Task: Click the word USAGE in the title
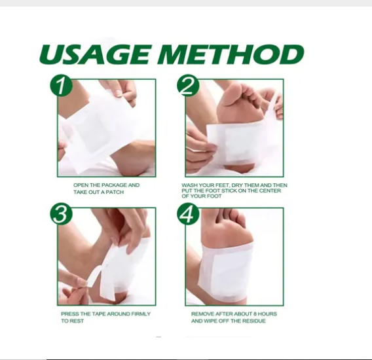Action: (x=96, y=54)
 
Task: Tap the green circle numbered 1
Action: (x=61, y=86)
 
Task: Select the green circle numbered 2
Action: (x=188, y=86)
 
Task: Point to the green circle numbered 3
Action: (x=61, y=213)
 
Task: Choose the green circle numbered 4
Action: (x=188, y=213)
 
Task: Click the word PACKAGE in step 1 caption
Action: (x=114, y=185)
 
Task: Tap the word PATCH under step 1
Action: (x=115, y=192)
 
